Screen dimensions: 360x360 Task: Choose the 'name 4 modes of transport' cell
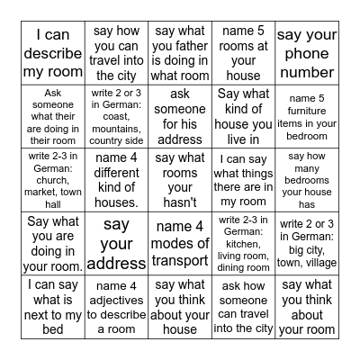click(180, 243)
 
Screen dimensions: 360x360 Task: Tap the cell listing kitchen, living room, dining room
click(243, 243)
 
